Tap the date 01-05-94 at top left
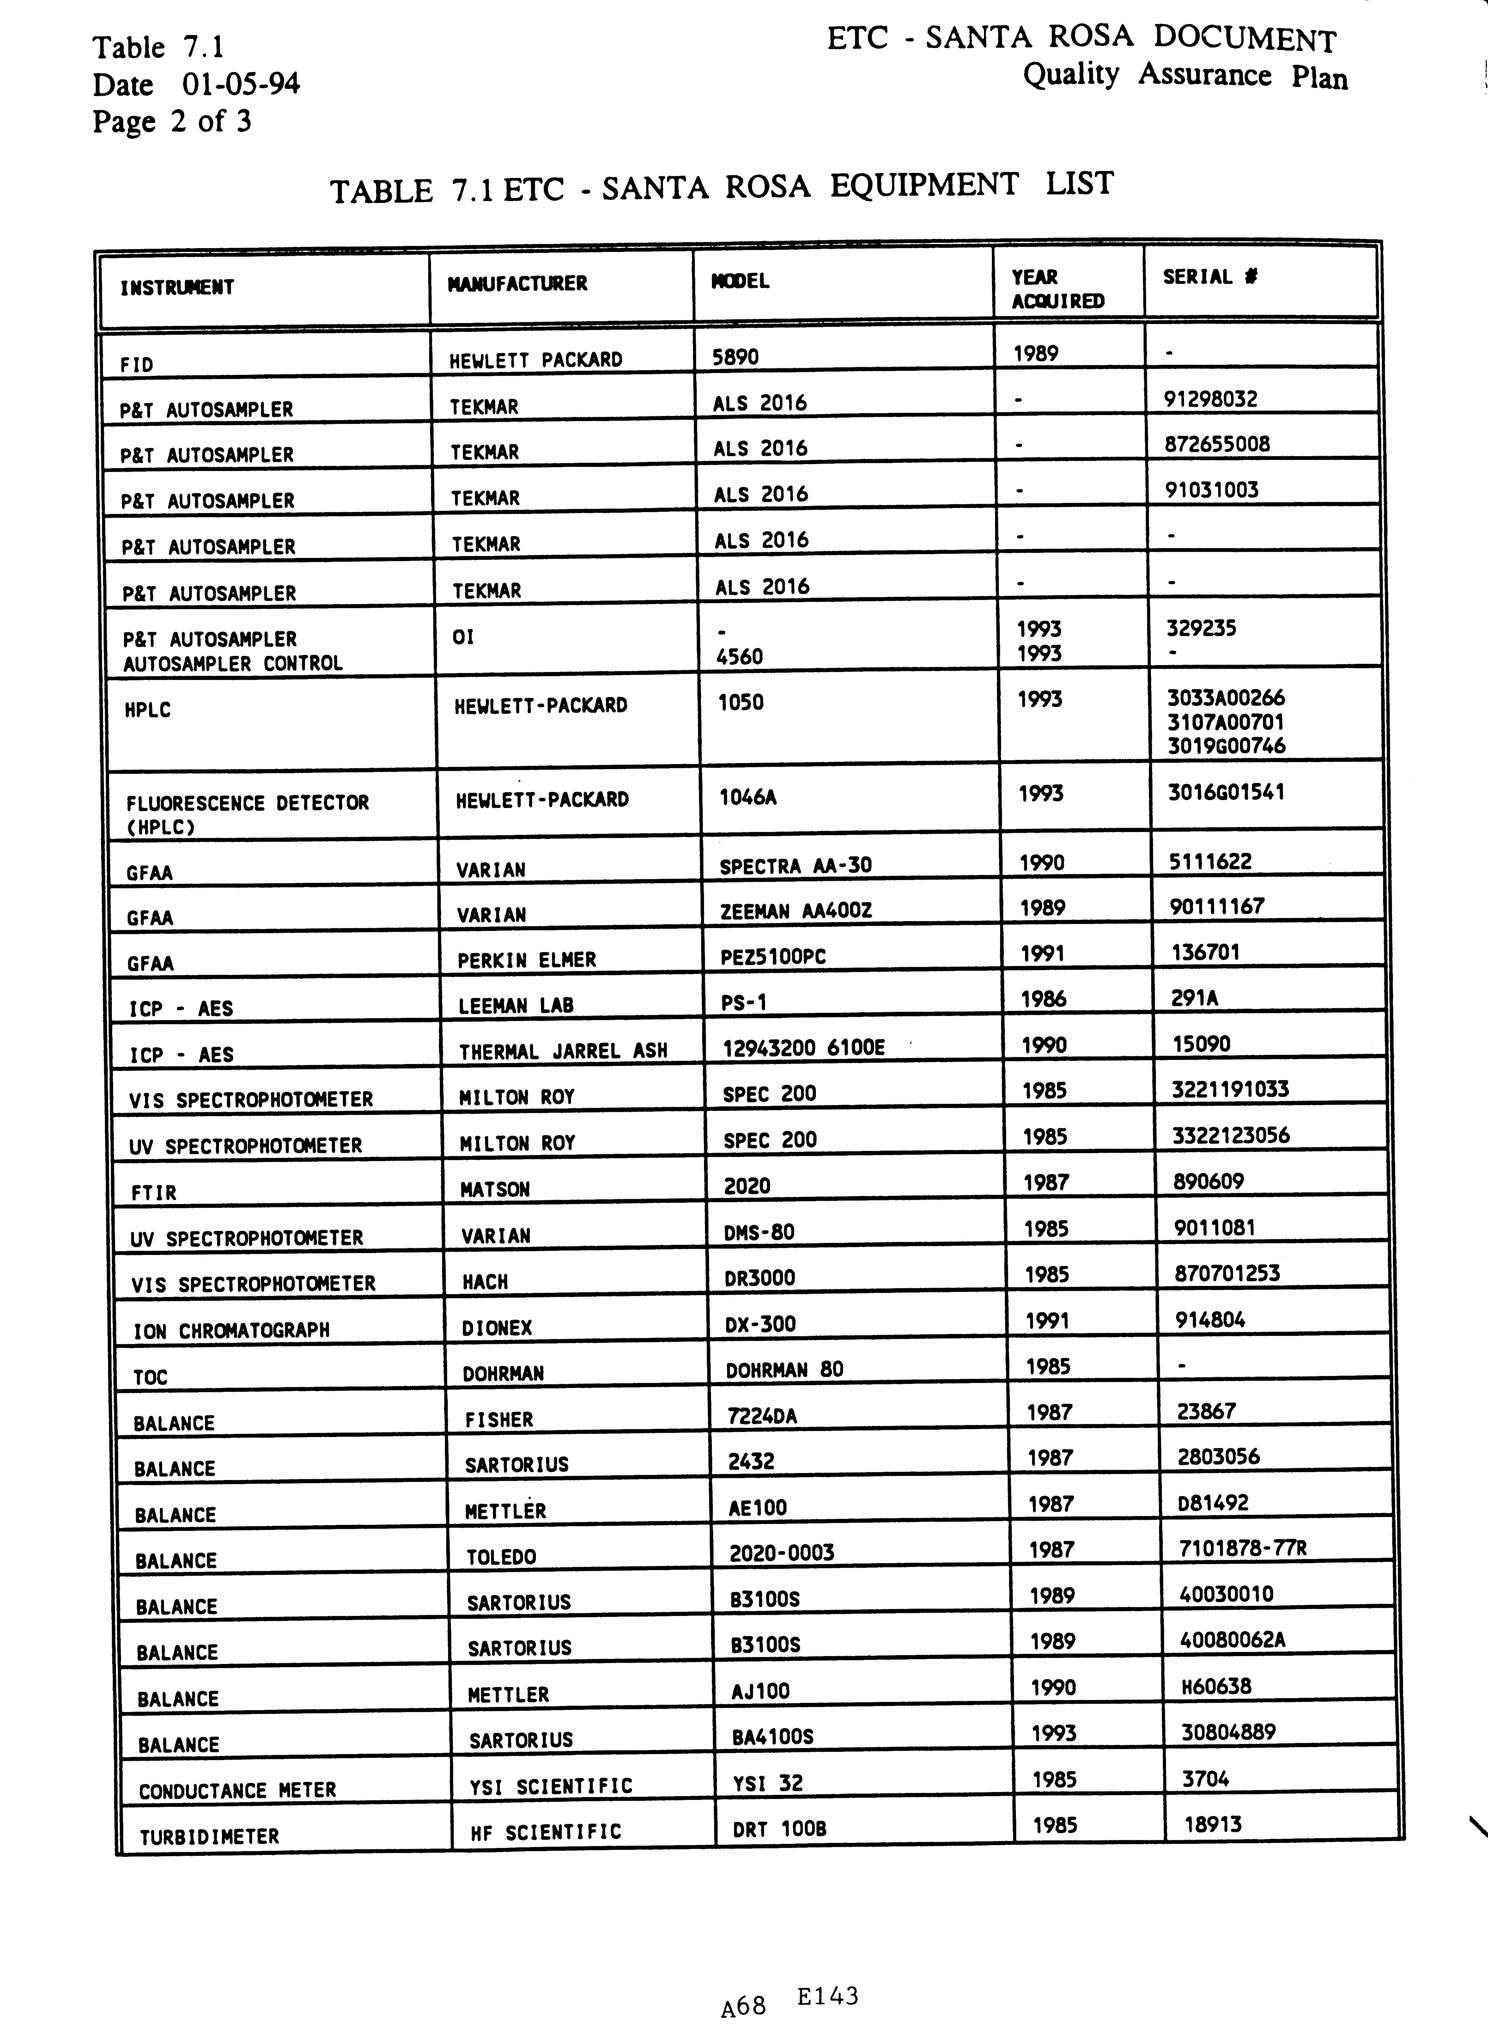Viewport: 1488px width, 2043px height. [240, 85]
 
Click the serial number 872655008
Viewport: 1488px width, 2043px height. [1216, 444]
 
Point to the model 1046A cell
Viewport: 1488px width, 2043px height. [748, 796]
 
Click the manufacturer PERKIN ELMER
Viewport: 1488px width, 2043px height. [526, 960]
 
